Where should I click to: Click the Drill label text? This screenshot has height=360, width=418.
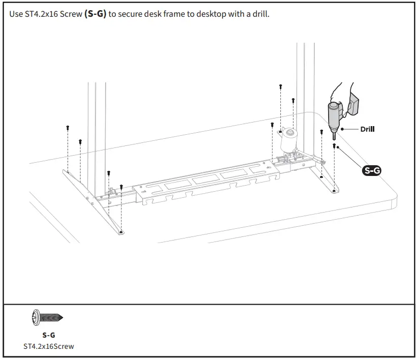coord(367,129)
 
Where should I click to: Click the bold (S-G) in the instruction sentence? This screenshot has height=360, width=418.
coord(95,14)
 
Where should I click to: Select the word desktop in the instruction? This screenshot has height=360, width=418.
coord(207,14)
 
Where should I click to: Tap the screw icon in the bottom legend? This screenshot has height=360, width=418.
coord(47,317)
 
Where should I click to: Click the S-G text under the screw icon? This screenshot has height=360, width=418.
coord(48,335)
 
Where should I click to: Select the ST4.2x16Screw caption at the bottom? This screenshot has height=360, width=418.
coord(48,346)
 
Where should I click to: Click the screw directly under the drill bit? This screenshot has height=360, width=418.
coord(334,146)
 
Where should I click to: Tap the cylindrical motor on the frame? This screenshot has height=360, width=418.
coord(290,140)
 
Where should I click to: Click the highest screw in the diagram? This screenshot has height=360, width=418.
coord(280,87)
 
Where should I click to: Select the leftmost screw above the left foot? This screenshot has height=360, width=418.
coord(68,128)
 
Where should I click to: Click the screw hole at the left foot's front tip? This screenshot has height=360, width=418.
coord(121,231)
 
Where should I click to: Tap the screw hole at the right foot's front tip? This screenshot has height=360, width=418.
coord(333,191)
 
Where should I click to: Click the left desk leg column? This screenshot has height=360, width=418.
coord(97,132)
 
